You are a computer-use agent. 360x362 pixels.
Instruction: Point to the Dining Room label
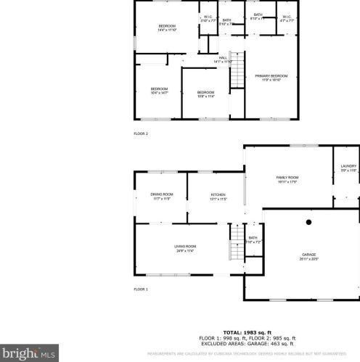pos(161,196)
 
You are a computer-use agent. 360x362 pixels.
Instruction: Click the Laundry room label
pos(348,168)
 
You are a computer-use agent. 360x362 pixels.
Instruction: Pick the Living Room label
pos(185,248)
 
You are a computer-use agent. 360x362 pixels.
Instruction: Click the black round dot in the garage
pos(308,222)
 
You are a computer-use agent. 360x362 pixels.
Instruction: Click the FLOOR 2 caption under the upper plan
pos(140,133)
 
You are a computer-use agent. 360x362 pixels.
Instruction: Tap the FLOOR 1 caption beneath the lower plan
pos(140,289)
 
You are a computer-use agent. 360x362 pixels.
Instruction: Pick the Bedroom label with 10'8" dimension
pos(205,94)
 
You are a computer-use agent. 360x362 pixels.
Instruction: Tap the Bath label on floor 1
pos(253,239)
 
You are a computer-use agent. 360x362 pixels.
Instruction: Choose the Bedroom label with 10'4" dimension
pos(159,91)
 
